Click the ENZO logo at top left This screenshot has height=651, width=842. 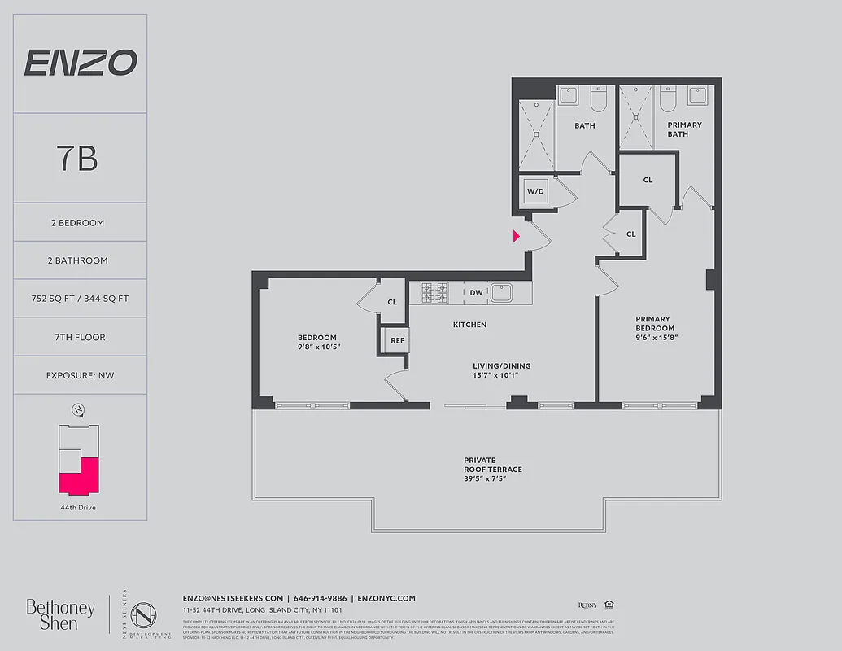pyautogui.click(x=80, y=63)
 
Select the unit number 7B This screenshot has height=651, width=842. pyautogui.click(x=78, y=159)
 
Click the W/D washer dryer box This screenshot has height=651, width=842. pyautogui.click(x=535, y=192)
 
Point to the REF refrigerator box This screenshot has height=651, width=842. pyautogui.click(x=397, y=340)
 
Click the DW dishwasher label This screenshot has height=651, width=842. pyautogui.click(x=476, y=292)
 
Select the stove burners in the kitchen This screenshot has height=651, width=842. pyautogui.click(x=434, y=292)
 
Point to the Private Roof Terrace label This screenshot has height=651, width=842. pyautogui.click(x=492, y=470)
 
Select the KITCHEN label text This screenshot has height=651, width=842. pyautogui.click(x=469, y=325)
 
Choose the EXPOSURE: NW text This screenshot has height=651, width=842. pyautogui.click(x=80, y=375)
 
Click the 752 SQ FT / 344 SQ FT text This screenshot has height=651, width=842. pyautogui.click(x=80, y=299)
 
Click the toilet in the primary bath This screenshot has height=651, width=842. pyautogui.click(x=668, y=99)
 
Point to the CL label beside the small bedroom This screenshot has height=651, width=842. pyautogui.click(x=392, y=302)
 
